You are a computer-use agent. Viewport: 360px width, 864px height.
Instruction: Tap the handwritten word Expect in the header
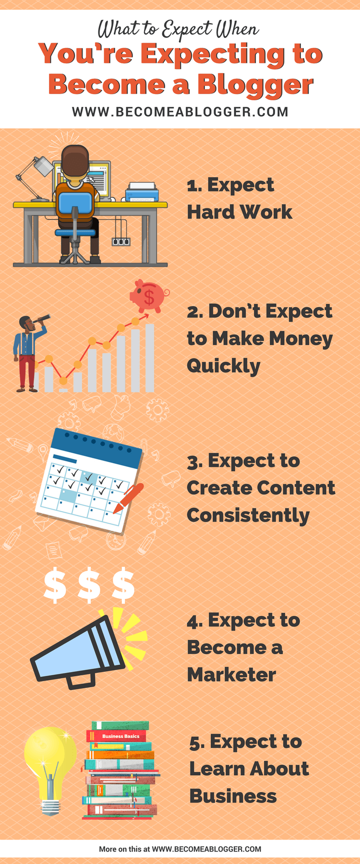click(186, 30)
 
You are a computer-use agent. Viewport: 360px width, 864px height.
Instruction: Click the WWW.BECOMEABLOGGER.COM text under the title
click(180, 112)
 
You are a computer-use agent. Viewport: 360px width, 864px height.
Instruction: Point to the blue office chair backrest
click(75, 203)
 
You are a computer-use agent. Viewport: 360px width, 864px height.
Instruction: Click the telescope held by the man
click(40, 319)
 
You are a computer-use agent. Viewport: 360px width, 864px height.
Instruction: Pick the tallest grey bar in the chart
click(150, 358)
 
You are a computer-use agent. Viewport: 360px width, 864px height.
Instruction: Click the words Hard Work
click(240, 212)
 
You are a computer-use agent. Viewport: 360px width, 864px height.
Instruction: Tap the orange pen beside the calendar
click(128, 499)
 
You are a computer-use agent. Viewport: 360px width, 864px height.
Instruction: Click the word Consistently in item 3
click(248, 516)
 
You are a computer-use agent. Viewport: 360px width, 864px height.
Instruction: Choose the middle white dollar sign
click(89, 586)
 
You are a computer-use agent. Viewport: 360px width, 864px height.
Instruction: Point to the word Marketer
click(231, 675)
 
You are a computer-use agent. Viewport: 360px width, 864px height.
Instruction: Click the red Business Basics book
click(116, 736)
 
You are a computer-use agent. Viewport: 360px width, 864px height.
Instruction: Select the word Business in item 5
click(233, 796)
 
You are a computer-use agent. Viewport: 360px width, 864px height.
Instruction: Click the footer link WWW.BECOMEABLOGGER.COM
click(207, 849)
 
